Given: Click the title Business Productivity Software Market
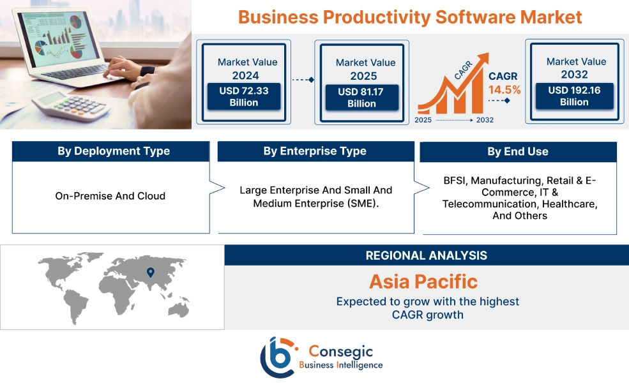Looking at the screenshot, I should pos(410,17).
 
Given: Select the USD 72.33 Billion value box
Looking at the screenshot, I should pos(244,96).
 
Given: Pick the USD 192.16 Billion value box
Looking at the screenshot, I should pos(574,96).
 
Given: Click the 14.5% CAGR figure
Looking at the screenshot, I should pos(504,89).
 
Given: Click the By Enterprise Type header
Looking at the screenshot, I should pos(315,151).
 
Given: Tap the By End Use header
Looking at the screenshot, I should pos(517,152).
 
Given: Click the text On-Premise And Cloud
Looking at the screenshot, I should pos(110,196).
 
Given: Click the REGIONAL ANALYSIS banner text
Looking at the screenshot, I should pos(426,255).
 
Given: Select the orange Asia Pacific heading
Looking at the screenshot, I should pos(423,282).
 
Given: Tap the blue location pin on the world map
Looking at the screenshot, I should pos(151,273).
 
